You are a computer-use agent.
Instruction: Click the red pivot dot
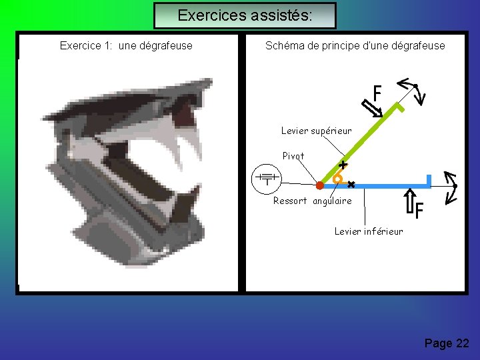pyautogui.click(x=319, y=185)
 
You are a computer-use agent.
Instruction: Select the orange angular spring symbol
pyautogui.click(x=338, y=178)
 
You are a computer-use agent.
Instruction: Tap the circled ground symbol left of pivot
pyautogui.click(x=266, y=179)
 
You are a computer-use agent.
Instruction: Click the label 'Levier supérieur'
pyautogui.click(x=316, y=131)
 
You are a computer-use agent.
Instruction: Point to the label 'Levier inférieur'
pyautogui.click(x=369, y=231)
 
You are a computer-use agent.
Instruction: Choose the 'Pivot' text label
pyautogui.click(x=293, y=156)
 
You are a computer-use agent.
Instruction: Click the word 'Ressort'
pyautogui.click(x=290, y=201)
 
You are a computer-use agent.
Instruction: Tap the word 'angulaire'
pyautogui.click(x=332, y=201)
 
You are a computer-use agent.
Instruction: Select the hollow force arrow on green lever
pyautogui.click(x=372, y=107)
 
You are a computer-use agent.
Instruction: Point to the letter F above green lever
pyautogui.click(x=377, y=93)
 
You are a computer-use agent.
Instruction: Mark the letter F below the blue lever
pyautogui.click(x=419, y=212)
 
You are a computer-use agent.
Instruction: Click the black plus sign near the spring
pyautogui.click(x=343, y=164)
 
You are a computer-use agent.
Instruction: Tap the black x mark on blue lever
pyautogui.click(x=351, y=185)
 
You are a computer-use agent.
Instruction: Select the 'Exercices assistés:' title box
pyautogui.click(x=245, y=15)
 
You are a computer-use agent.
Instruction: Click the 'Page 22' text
pyautogui.click(x=447, y=343)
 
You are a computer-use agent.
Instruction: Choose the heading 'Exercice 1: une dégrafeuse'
pyautogui.click(x=126, y=46)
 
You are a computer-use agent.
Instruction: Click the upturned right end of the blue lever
pyautogui.click(x=429, y=180)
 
